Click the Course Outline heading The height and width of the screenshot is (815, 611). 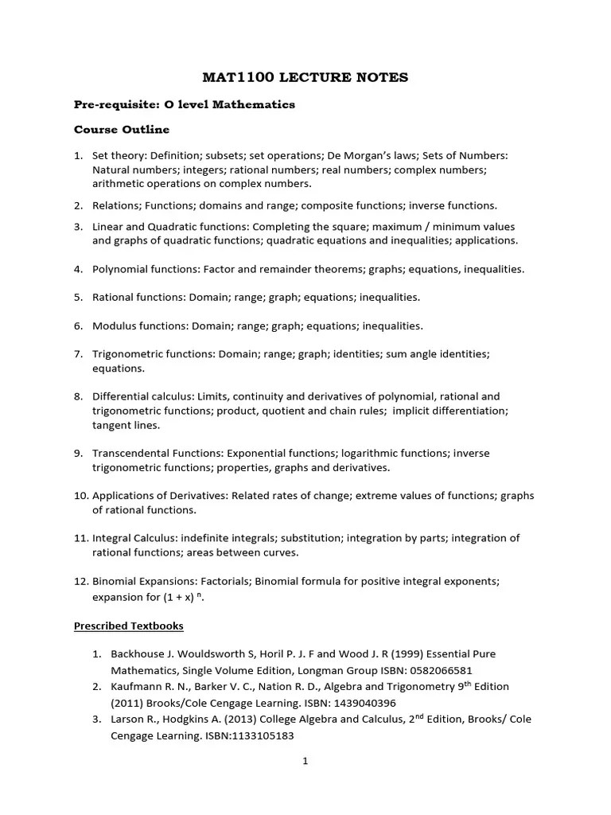click(121, 129)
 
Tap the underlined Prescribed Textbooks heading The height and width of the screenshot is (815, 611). click(128, 626)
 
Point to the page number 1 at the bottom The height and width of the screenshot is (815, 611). click(305, 760)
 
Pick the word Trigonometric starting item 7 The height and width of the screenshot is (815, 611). click(126, 353)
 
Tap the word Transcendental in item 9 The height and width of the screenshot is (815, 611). click(131, 453)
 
